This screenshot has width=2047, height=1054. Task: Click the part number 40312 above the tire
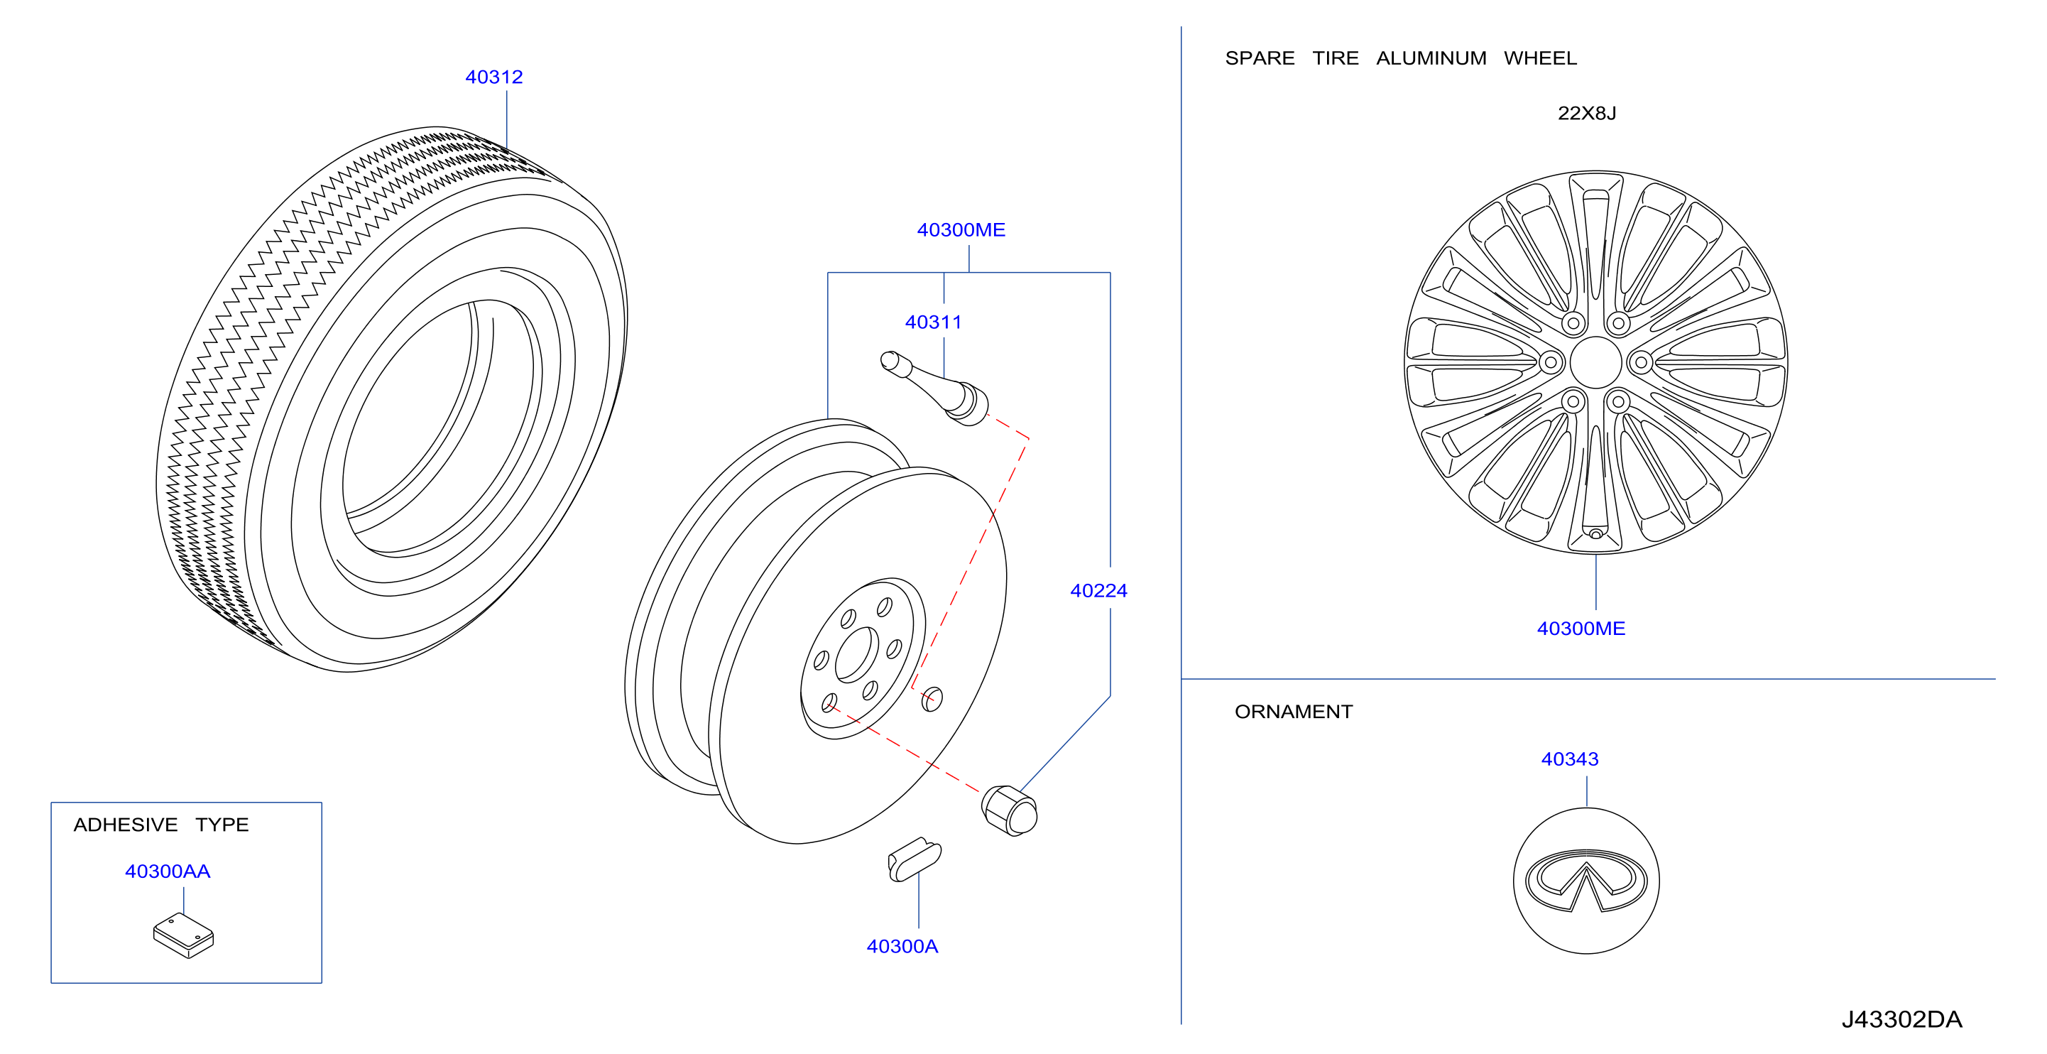(x=493, y=77)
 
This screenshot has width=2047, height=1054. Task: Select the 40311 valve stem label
(x=933, y=322)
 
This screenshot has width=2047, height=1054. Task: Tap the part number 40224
(x=1098, y=591)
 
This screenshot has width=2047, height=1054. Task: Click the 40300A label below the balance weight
(x=902, y=946)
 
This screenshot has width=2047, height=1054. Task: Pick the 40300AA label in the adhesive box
(x=168, y=871)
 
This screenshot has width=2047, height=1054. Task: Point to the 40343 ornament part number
(x=1569, y=759)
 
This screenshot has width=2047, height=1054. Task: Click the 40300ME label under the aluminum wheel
(x=1581, y=628)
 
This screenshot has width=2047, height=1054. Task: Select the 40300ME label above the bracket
(x=961, y=229)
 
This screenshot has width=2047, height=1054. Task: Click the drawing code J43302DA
(x=1901, y=1019)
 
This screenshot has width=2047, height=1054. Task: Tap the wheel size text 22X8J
(x=1586, y=113)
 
